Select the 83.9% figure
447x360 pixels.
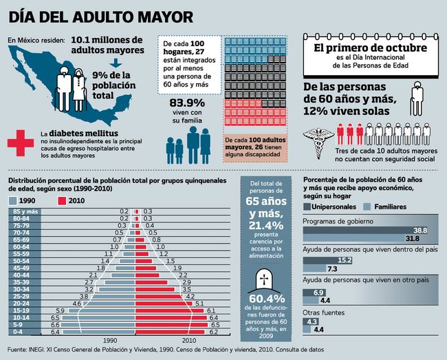click(187, 105)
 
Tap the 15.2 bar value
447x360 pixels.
click(344, 260)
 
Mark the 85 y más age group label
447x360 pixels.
click(25, 211)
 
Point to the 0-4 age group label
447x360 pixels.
click(25, 332)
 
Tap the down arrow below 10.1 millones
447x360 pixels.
click(115, 61)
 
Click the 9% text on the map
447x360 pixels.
click(102, 74)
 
